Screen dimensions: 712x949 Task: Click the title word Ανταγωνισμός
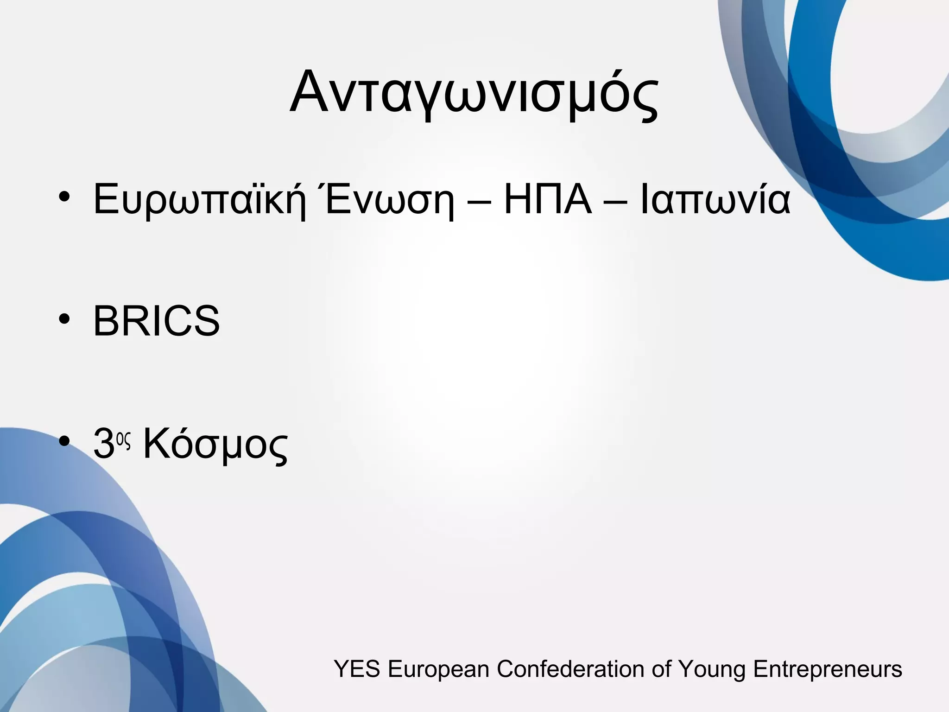[474, 93]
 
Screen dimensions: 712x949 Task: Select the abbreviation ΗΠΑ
[548, 199]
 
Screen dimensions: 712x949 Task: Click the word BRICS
[157, 321]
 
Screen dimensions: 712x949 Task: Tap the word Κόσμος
[215, 444]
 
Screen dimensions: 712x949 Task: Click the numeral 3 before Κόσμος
[104, 444]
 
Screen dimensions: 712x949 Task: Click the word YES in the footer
[357, 669]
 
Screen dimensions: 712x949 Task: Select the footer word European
[438, 669]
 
